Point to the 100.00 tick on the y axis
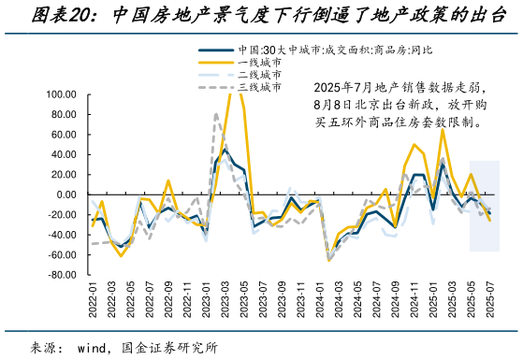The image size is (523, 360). coord(60,94)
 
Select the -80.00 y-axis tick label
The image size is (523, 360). coord(61,275)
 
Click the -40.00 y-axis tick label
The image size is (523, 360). coord(61,235)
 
